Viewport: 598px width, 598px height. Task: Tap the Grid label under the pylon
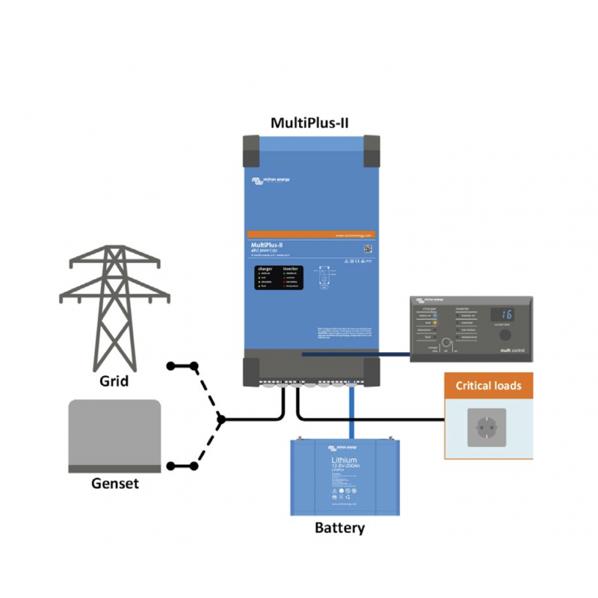[114, 381]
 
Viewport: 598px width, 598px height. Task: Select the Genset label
[114, 483]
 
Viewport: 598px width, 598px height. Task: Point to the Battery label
[339, 528]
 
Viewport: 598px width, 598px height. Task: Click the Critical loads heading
[489, 386]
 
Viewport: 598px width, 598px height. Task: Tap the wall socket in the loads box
[487, 428]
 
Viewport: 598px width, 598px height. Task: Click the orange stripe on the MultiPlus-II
[311, 235]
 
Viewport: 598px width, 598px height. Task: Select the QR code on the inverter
[367, 248]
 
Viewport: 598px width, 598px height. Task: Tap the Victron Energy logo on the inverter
[271, 180]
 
